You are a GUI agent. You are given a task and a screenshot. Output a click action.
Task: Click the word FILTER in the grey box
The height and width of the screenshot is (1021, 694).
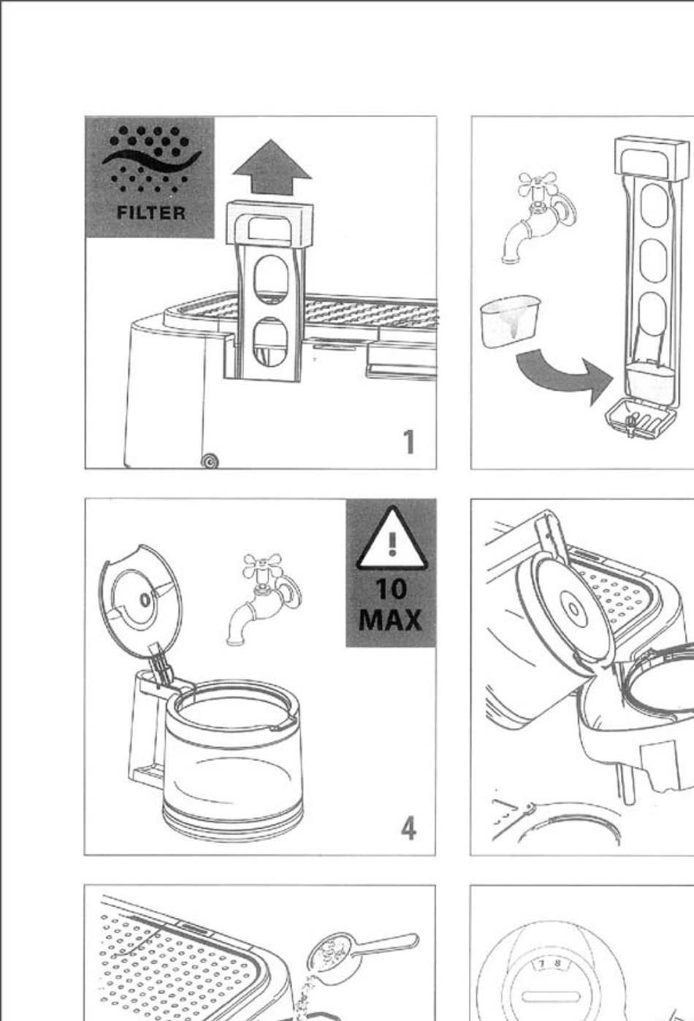coord(151,213)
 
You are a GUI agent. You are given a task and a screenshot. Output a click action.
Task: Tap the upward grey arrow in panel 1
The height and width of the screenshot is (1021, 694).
coord(272,167)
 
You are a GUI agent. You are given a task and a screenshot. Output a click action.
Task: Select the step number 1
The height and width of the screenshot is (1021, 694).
coord(409,442)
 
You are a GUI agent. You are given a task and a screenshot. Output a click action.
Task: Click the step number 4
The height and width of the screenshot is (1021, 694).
coord(408,828)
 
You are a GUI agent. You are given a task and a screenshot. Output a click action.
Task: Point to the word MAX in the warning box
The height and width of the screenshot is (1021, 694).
coord(390,620)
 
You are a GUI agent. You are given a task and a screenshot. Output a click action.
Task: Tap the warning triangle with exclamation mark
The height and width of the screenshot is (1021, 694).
coord(392,539)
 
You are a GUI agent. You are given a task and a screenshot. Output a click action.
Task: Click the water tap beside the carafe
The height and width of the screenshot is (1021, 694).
coord(263,598)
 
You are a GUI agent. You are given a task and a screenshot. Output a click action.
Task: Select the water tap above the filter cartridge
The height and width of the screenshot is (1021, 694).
coord(538,218)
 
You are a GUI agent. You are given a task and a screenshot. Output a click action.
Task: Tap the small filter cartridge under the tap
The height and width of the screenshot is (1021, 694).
coord(511,321)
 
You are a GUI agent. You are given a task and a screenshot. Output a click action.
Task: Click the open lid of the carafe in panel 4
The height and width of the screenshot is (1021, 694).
coord(140,602)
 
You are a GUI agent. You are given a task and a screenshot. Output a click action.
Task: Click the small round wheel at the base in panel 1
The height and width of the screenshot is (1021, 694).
coord(210,462)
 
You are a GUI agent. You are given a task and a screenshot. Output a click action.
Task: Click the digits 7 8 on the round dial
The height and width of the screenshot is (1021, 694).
coord(549,964)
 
